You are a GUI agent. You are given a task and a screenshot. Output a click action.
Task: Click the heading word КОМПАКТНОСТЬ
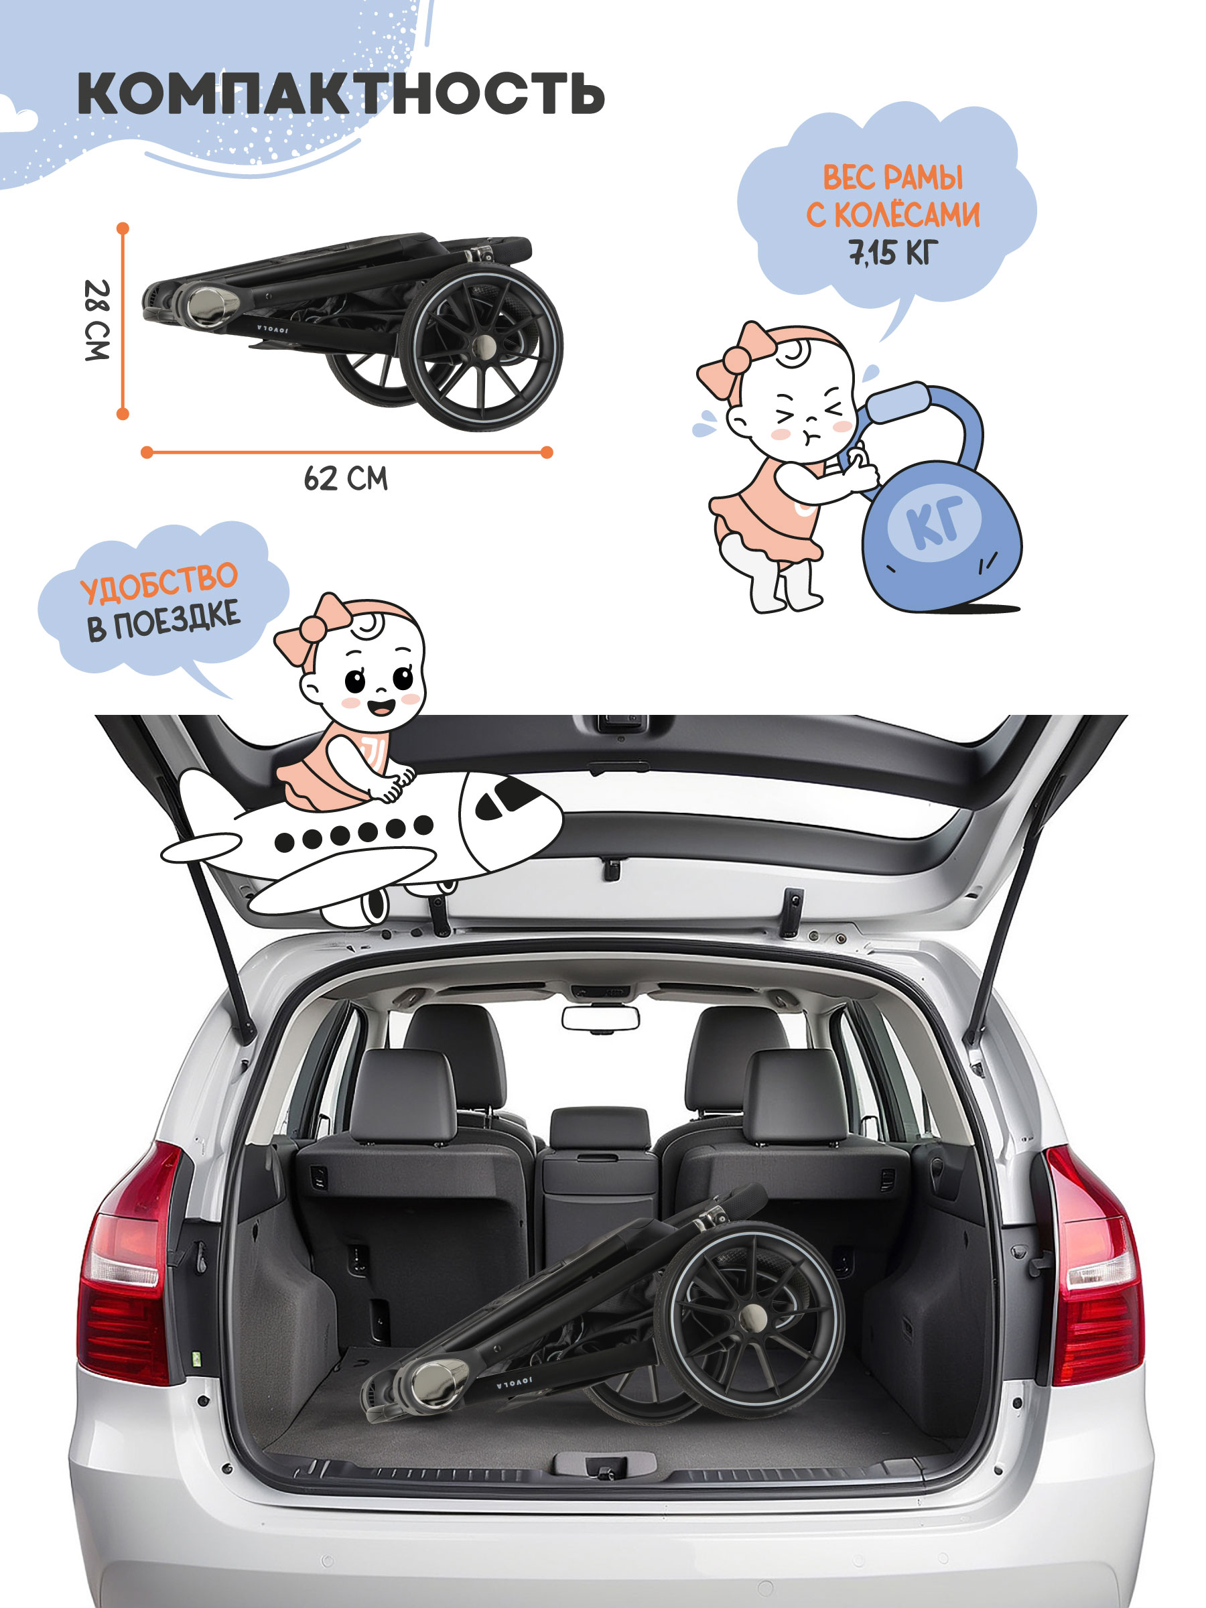(x=341, y=93)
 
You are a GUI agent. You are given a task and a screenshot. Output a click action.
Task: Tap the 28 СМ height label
(x=96, y=320)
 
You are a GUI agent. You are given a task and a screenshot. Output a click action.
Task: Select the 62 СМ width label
(x=346, y=478)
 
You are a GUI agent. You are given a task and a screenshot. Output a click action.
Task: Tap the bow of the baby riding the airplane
(x=314, y=630)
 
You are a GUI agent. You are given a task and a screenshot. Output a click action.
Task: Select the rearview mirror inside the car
(x=600, y=1018)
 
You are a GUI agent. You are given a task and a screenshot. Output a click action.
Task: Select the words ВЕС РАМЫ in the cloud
(x=892, y=178)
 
